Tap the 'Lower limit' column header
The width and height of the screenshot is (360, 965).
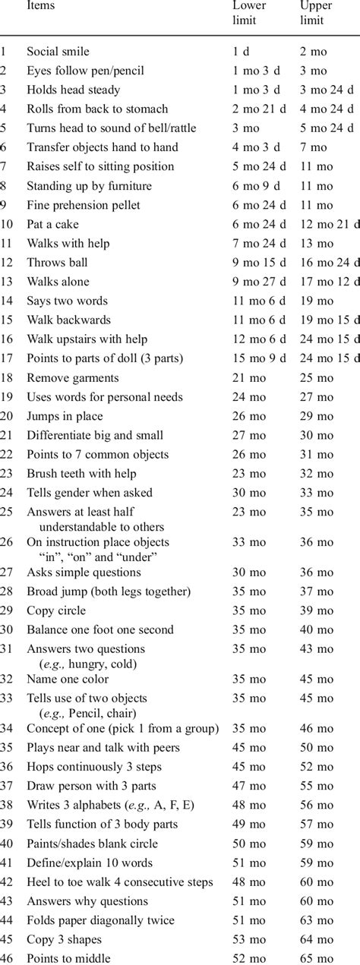247,13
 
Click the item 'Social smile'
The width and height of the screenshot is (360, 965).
58,52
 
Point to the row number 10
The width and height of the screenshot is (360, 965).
7,224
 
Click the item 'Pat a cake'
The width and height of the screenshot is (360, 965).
52,224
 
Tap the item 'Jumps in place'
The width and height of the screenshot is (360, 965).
65,416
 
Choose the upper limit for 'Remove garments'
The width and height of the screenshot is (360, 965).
316,377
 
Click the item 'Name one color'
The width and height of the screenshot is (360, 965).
68,679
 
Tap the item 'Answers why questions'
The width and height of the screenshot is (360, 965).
87,901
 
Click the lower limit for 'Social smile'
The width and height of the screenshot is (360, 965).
240,52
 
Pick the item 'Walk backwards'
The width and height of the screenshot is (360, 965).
68,320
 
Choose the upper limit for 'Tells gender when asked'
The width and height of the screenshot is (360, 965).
316,493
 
